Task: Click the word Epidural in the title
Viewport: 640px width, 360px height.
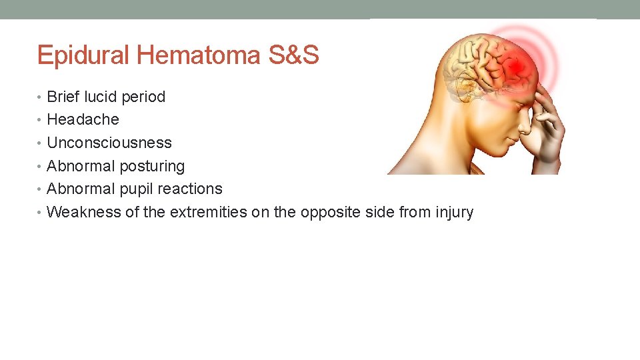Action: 84,55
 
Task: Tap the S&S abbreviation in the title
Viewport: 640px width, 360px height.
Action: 293,55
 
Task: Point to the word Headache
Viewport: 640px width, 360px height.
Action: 83,120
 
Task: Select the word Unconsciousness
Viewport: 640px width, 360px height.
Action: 109,143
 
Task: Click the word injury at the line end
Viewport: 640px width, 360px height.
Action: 454,213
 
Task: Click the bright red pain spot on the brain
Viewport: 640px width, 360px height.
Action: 515,67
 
